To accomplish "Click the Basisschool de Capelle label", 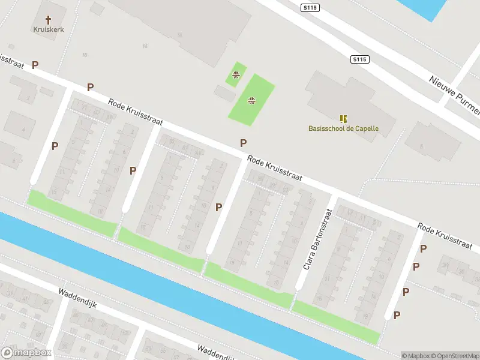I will pos(343,128).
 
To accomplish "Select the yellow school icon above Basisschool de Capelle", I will pos(343,119).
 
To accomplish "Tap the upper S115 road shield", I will pos(310,7).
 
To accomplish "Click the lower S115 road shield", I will pos(359,59).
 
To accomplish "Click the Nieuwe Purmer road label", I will pos(455,95).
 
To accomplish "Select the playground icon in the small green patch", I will pos(236,75).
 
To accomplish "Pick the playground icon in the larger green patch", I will pos(251,100).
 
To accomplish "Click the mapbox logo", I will pos(26,352).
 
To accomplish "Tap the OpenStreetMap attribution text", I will pos(455,356).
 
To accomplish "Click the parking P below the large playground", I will pos(243,143).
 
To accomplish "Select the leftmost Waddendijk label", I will pos(77,298).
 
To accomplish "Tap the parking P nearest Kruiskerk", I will pos(35,65).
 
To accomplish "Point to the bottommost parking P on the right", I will pos(397,315).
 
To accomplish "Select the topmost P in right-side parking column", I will pos(424,248).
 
